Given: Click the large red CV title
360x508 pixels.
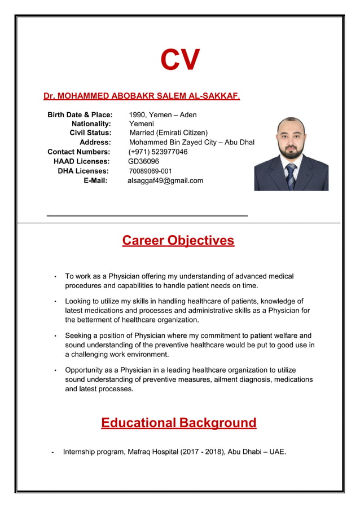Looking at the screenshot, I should [180, 60].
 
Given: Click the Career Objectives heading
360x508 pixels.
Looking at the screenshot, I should [178, 241].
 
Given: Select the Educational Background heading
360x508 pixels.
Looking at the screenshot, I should [178, 423].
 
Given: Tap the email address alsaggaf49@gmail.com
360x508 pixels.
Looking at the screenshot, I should [165, 181].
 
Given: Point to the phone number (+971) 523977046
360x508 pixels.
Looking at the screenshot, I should [158, 152].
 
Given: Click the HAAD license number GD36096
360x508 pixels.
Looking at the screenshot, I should [144, 162].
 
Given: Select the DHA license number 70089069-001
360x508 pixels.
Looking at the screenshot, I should [150, 171].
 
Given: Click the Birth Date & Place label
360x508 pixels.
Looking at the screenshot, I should [80, 115].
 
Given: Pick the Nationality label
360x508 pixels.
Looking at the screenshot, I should [91, 124].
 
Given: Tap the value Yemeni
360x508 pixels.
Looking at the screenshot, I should [141, 124].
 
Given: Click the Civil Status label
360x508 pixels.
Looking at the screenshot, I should [90, 133].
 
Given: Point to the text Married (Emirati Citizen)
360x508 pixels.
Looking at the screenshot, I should [168, 133].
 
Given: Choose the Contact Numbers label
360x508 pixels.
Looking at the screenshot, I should [78, 152].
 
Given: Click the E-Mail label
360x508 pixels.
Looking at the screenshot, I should [95, 181].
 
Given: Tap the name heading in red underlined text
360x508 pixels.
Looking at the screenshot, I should [142, 96].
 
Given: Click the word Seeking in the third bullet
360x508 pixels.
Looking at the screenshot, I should [79, 336].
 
